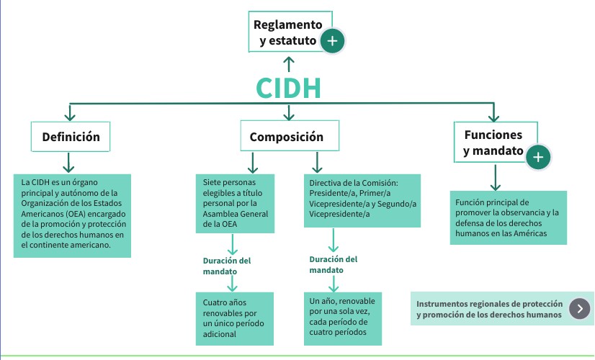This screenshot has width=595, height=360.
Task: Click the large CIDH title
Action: [288, 88]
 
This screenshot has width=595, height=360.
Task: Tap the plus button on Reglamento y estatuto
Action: [331, 41]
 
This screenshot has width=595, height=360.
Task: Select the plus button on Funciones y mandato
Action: [538, 157]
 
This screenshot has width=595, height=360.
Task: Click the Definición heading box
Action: [71, 137]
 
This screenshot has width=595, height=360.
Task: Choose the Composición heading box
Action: [287, 137]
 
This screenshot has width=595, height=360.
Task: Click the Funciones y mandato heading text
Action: [493, 143]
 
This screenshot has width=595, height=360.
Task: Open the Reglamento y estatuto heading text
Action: [287, 32]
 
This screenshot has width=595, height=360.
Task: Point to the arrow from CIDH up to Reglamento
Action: [289, 65]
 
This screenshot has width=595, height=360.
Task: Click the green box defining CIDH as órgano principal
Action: [72, 215]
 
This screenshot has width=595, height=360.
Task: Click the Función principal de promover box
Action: [508, 217]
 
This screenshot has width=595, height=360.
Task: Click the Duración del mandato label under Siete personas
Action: [226, 265]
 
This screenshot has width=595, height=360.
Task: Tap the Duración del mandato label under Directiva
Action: [333, 264]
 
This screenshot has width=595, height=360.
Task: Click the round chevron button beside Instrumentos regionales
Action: [579, 309]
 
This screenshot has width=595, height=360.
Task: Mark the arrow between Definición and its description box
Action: [70, 161]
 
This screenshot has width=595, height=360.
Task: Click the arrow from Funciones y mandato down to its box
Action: [494, 177]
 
